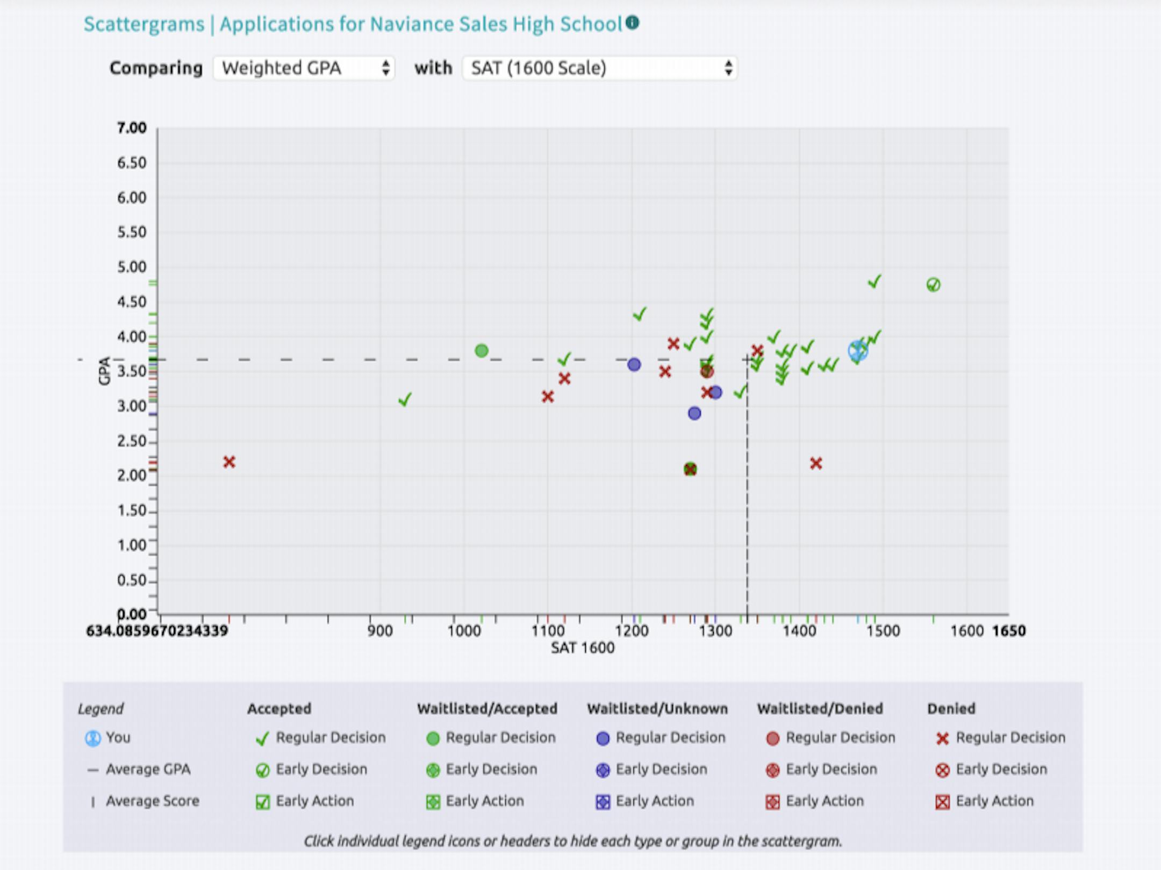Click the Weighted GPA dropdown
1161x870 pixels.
304,68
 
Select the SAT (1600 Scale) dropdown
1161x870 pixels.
599,68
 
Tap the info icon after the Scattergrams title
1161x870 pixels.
633,23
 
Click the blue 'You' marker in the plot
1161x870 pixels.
858,351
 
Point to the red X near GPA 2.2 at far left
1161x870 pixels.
230,462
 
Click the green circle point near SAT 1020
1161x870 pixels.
482,351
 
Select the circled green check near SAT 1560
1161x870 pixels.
934,285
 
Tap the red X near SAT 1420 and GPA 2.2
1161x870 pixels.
816,463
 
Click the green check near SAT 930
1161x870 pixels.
405,399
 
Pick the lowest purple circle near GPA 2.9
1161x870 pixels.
694,413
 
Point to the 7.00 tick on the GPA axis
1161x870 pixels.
132,128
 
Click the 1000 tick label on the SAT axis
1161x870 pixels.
464,631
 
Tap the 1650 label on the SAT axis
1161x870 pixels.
1009,631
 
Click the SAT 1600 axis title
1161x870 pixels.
583,648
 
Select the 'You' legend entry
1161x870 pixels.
108,738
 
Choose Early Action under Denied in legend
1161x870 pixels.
985,801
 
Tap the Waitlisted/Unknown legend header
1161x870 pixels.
657,709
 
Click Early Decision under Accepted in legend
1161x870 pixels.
312,770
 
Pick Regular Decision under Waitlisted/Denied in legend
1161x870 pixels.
831,738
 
